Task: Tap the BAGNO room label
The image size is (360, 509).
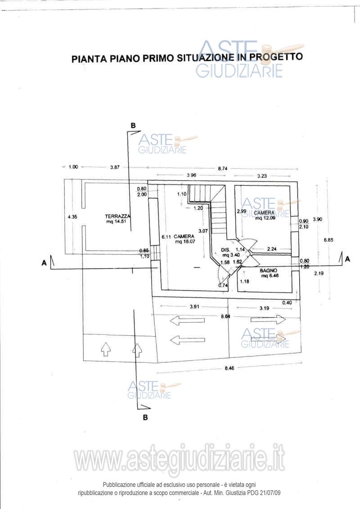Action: [x=269, y=270]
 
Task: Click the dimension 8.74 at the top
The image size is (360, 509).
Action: [x=222, y=168]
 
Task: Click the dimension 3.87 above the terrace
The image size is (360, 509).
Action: [x=115, y=167]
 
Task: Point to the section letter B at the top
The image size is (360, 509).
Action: [x=133, y=125]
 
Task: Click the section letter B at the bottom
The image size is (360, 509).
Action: [x=145, y=418]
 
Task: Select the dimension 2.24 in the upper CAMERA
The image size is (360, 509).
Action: [x=271, y=248]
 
